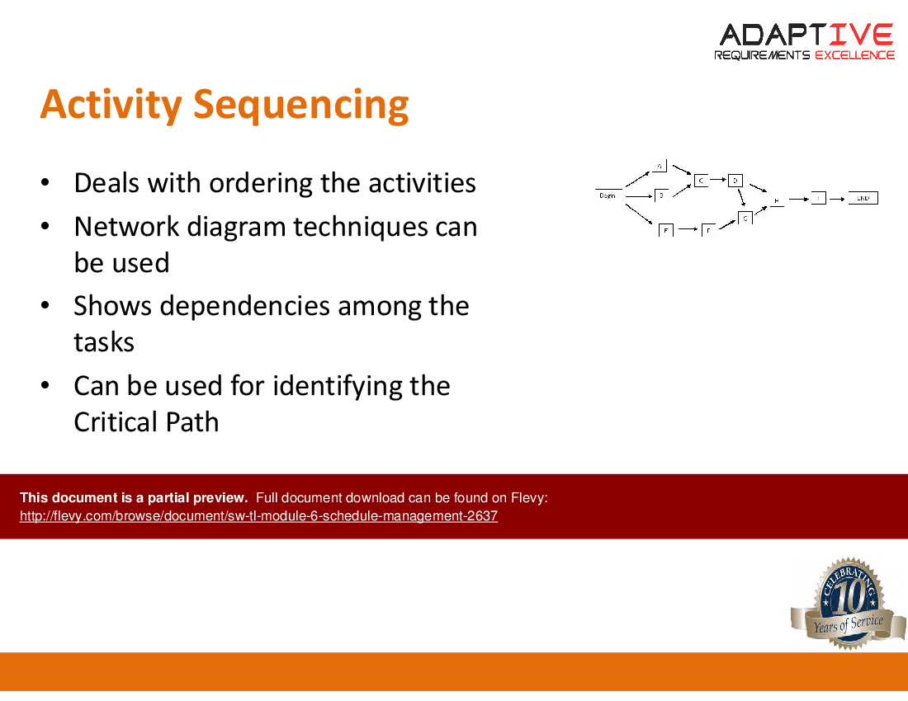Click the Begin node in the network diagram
click(x=608, y=195)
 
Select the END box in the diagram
click(x=863, y=198)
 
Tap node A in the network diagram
click(x=660, y=166)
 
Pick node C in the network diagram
click(x=701, y=180)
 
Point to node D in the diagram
click(x=735, y=180)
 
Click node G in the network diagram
click(x=745, y=218)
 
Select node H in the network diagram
click(x=778, y=200)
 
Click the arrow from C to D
click(x=718, y=180)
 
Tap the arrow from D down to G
click(x=741, y=199)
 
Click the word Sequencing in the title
click(x=300, y=105)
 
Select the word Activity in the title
click(x=111, y=105)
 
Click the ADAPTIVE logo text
click(x=806, y=35)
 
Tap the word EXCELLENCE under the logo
click(x=854, y=55)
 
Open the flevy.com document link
click(x=258, y=516)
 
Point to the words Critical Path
click(x=146, y=421)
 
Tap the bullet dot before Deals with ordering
click(x=47, y=183)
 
